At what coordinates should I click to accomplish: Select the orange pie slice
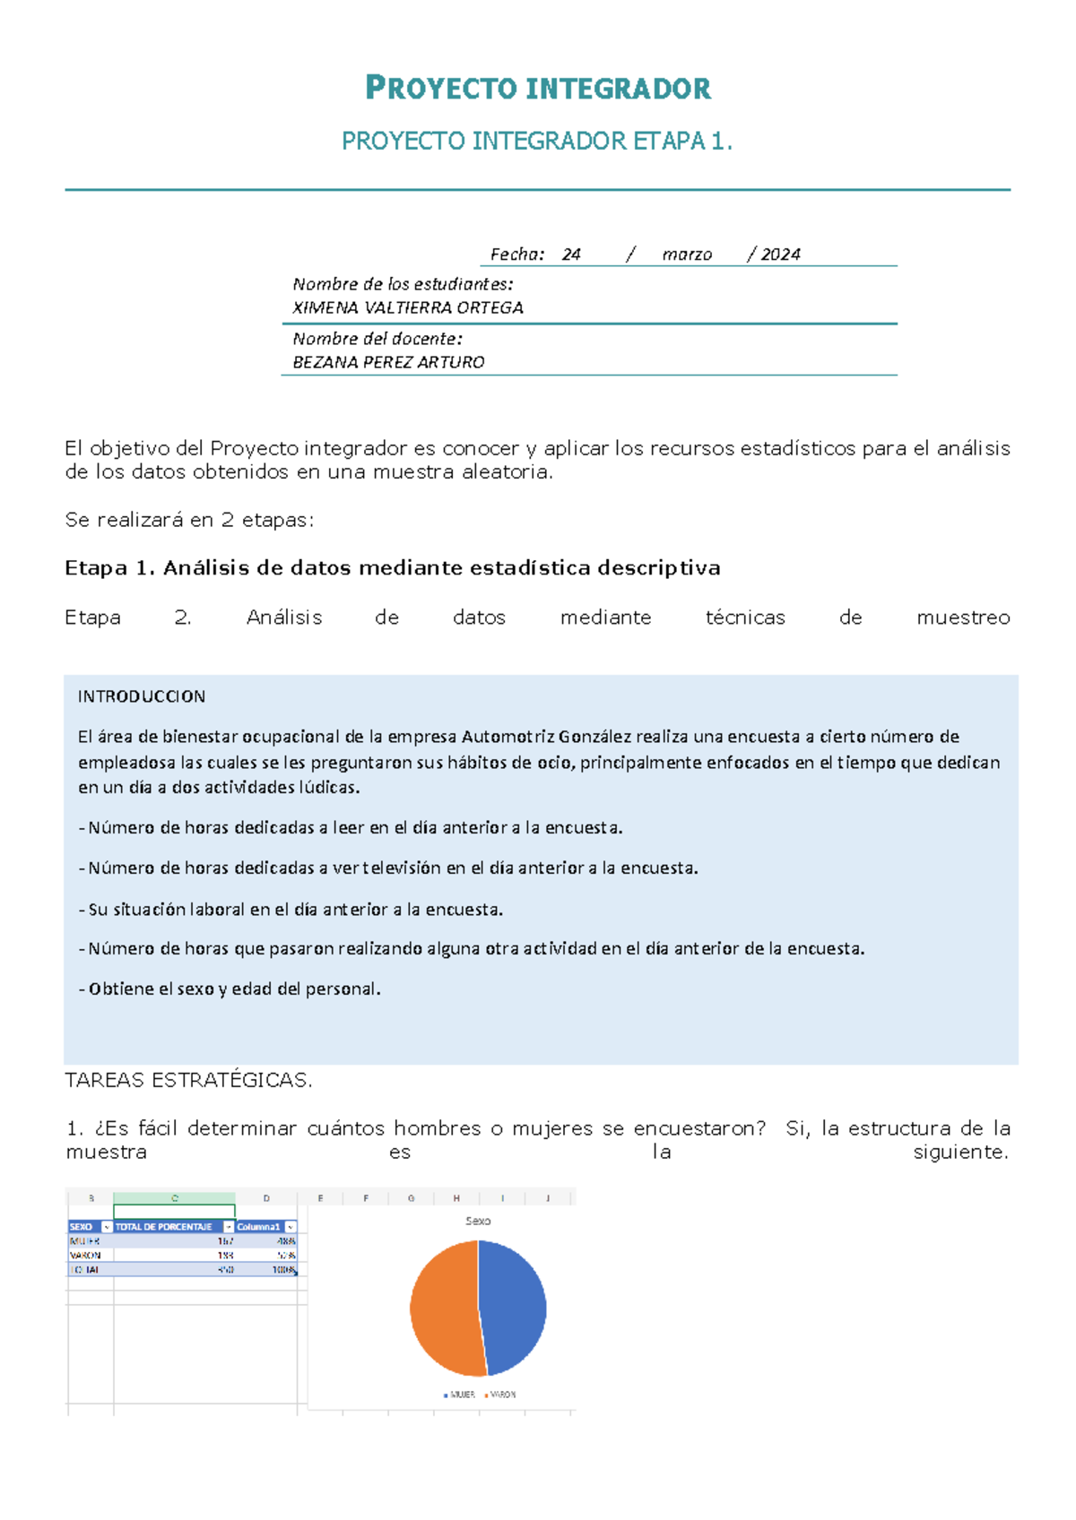pos(444,1308)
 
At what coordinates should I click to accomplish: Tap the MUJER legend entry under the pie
pos(460,1395)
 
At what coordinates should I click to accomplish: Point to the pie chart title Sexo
pos(478,1221)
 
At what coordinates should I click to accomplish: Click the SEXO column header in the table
pos(82,1227)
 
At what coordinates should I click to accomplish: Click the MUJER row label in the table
pos(84,1241)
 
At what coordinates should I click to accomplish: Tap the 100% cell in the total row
pos(285,1270)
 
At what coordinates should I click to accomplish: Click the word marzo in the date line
pos(687,255)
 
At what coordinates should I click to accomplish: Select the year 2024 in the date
pos(780,255)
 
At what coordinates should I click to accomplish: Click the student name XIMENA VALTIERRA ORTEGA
pos(408,307)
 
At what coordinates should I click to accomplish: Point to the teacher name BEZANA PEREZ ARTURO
pos(388,362)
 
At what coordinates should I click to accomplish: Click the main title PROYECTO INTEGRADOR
pos(538,88)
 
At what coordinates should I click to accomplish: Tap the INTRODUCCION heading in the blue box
pos(142,696)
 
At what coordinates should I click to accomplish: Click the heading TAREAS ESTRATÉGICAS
pos(188,1080)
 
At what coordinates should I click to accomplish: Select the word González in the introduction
pos(595,737)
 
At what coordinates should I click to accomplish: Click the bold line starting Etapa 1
pos(392,568)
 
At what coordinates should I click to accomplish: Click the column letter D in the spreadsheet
pos(266,1198)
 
